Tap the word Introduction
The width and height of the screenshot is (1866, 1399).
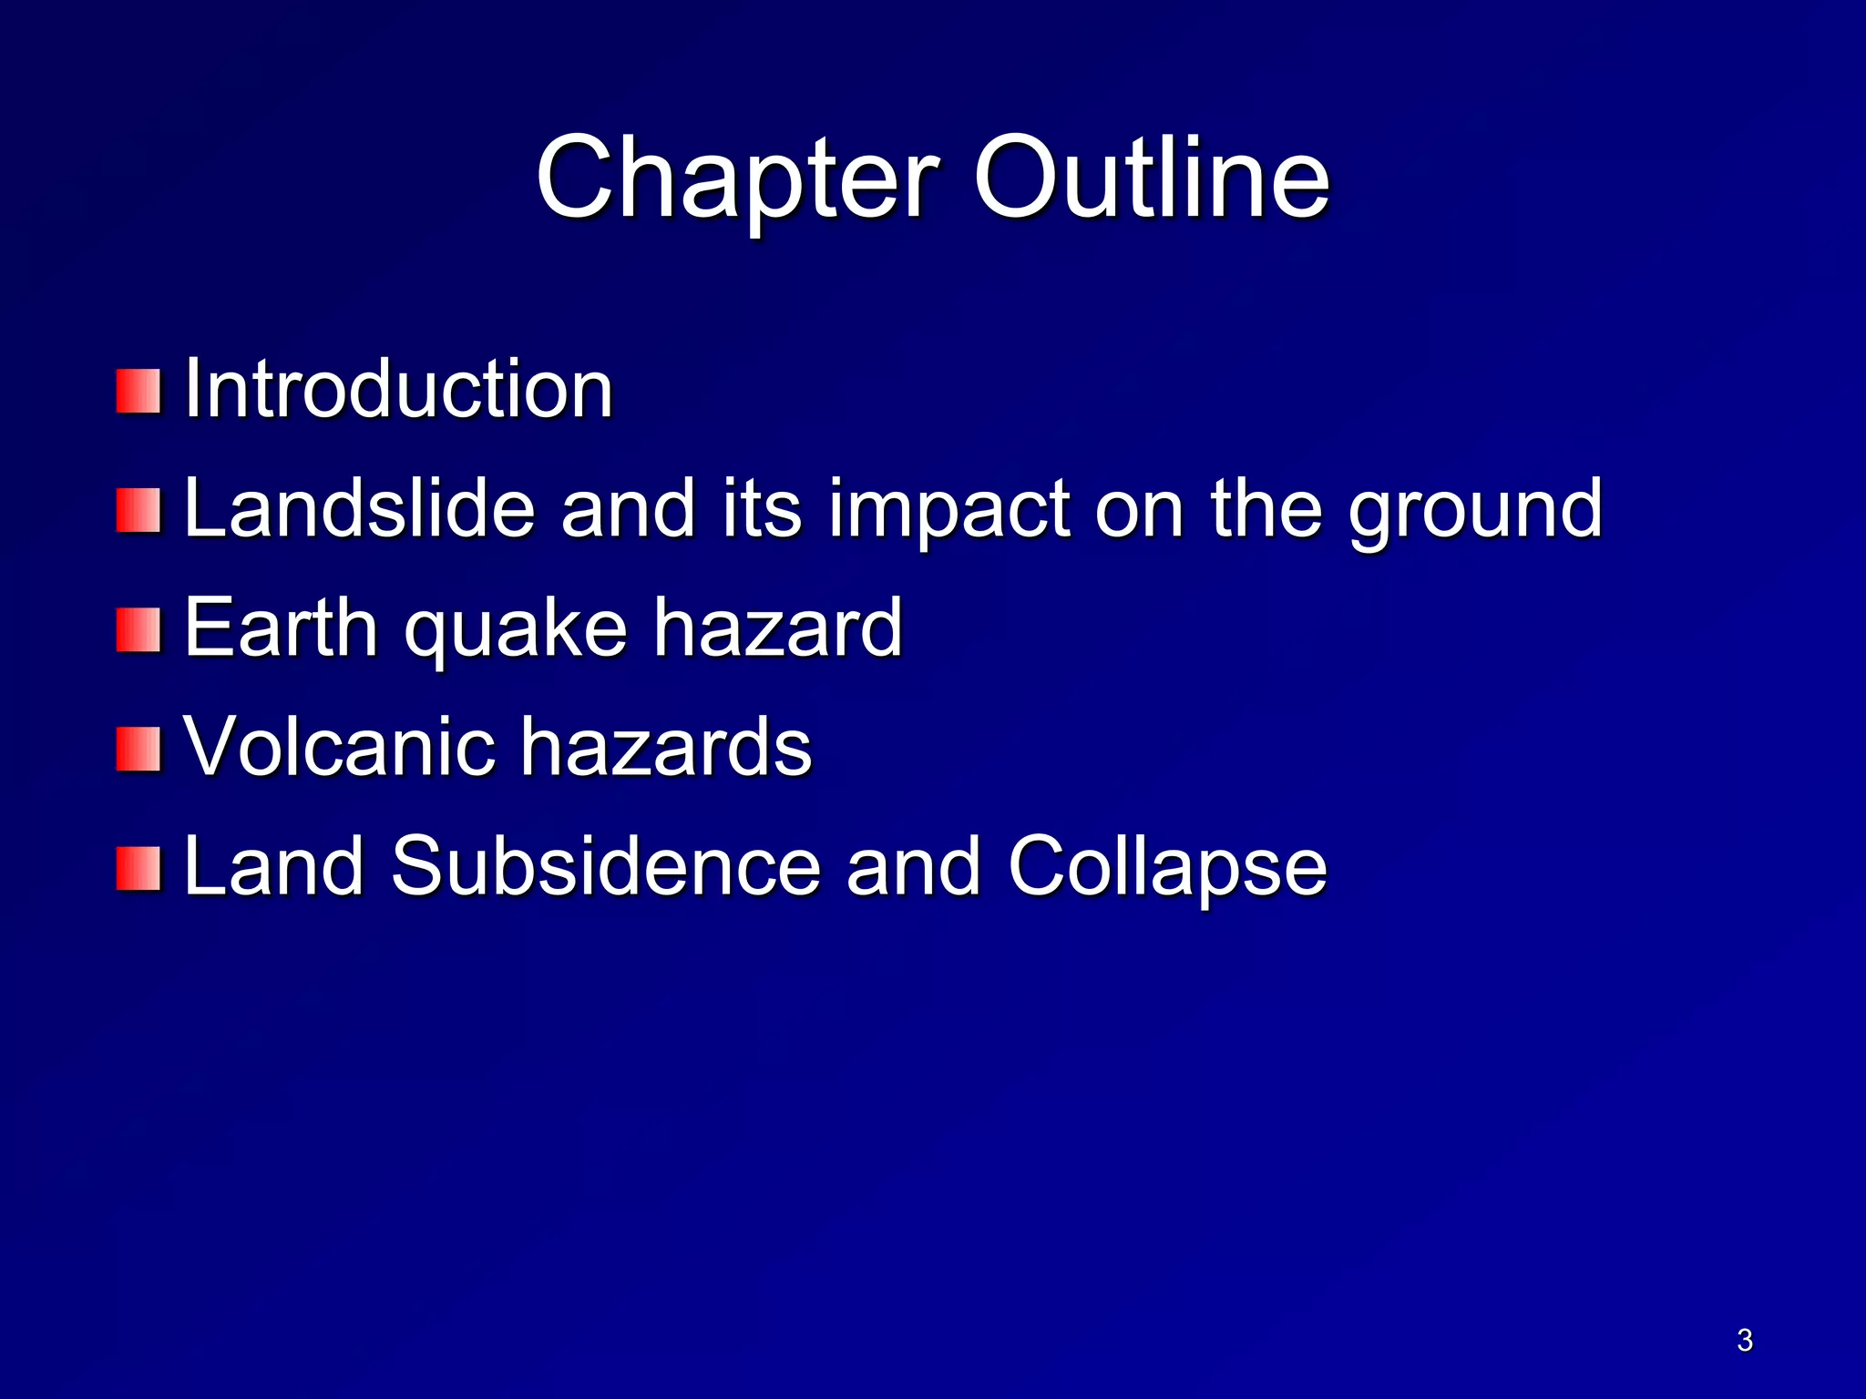coord(398,390)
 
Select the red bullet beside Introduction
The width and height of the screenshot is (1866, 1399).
coord(138,391)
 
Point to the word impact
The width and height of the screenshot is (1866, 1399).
coord(948,510)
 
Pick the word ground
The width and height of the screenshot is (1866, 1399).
coord(1475,510)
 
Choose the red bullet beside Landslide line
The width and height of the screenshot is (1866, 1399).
coord(138,510)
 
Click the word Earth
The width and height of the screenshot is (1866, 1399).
coord(281,628)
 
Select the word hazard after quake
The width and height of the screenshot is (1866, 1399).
coord(777,628)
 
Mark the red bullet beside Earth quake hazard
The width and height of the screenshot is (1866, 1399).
coord(138,630)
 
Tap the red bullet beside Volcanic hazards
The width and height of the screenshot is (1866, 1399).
coord(138,749)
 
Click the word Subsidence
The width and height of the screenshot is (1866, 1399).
coord(606,866)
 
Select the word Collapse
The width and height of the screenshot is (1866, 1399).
coord(1167,868)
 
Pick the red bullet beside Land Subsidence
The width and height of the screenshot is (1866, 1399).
coord(138,868)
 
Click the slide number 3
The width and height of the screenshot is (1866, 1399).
coord(1744,1340)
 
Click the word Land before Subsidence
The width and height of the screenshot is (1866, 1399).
coord(274,866)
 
